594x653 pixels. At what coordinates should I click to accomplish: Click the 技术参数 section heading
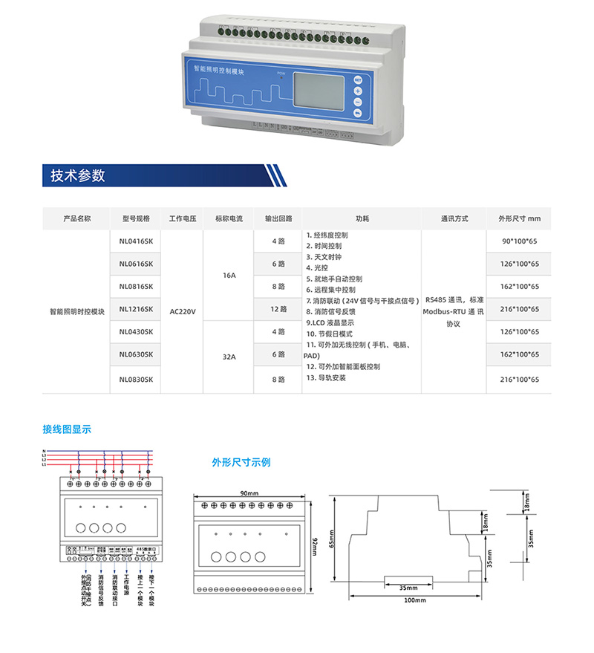[78, 176]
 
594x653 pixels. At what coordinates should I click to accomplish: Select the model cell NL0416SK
[135, 241]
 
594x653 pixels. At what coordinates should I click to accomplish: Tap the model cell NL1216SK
[135, 309]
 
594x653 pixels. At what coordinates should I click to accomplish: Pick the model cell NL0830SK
[135, 379]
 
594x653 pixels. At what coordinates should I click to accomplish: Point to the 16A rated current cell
[229, 275]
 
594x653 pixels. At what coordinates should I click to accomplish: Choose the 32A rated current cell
[229, 357]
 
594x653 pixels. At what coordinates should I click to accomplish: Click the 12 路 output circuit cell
[278, 309]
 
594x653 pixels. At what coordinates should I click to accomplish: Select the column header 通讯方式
[454, 219]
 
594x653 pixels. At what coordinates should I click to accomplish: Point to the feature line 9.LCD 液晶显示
[330, 323]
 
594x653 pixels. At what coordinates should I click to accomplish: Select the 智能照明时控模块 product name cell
[76, 312]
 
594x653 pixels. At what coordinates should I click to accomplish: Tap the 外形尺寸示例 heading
[241, 462]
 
